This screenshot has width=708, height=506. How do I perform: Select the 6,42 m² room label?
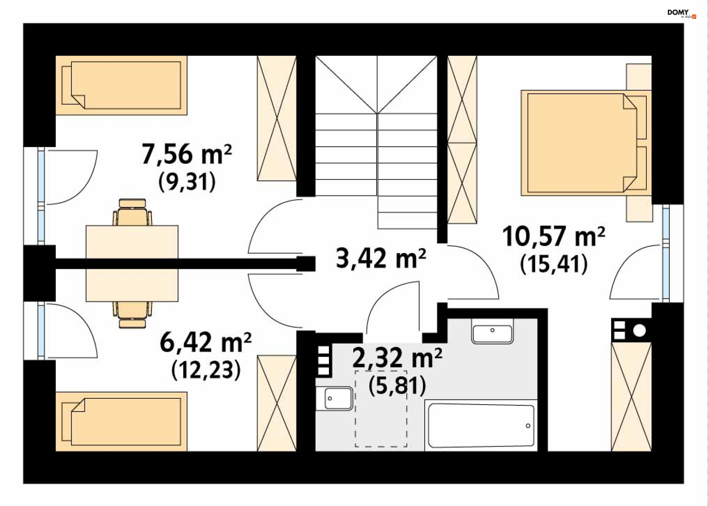(205, 342)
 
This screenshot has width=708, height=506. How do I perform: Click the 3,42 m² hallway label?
(381, 258)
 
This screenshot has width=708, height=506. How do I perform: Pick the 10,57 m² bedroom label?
(553, 236)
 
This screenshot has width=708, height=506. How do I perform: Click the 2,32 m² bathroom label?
(397, 358)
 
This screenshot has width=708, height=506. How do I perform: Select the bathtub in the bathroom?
(481, 426)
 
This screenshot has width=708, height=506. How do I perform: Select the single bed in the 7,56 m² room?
(121, 85)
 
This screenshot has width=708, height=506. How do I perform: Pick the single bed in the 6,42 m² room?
(121, 421)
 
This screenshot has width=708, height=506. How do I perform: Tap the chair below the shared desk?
(132, 315)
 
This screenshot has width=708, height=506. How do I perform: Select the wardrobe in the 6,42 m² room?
(277, 403)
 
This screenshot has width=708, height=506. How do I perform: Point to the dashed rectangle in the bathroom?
(381, 409)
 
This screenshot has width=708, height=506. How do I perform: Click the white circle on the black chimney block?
(639, 330)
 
